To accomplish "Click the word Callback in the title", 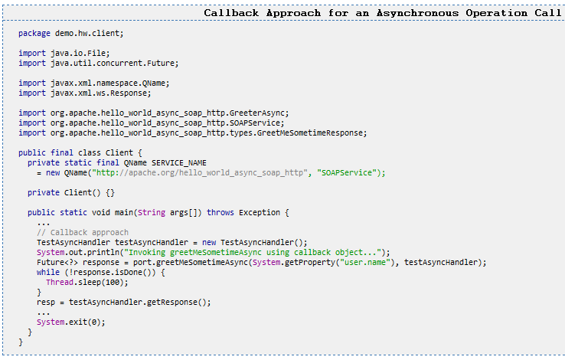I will pyautogui.click(x=232, y=12).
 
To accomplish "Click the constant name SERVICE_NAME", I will pyautogui.click(x=179, y=162).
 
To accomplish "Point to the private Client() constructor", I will pyautogui.click(x=71, y=192).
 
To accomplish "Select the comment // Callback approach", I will pyautogui.click(x=83, y=232).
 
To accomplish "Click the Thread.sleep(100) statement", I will pyautogui.click(x=84, y=282).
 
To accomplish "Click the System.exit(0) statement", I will pyautogui.click(x=71, y=322).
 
